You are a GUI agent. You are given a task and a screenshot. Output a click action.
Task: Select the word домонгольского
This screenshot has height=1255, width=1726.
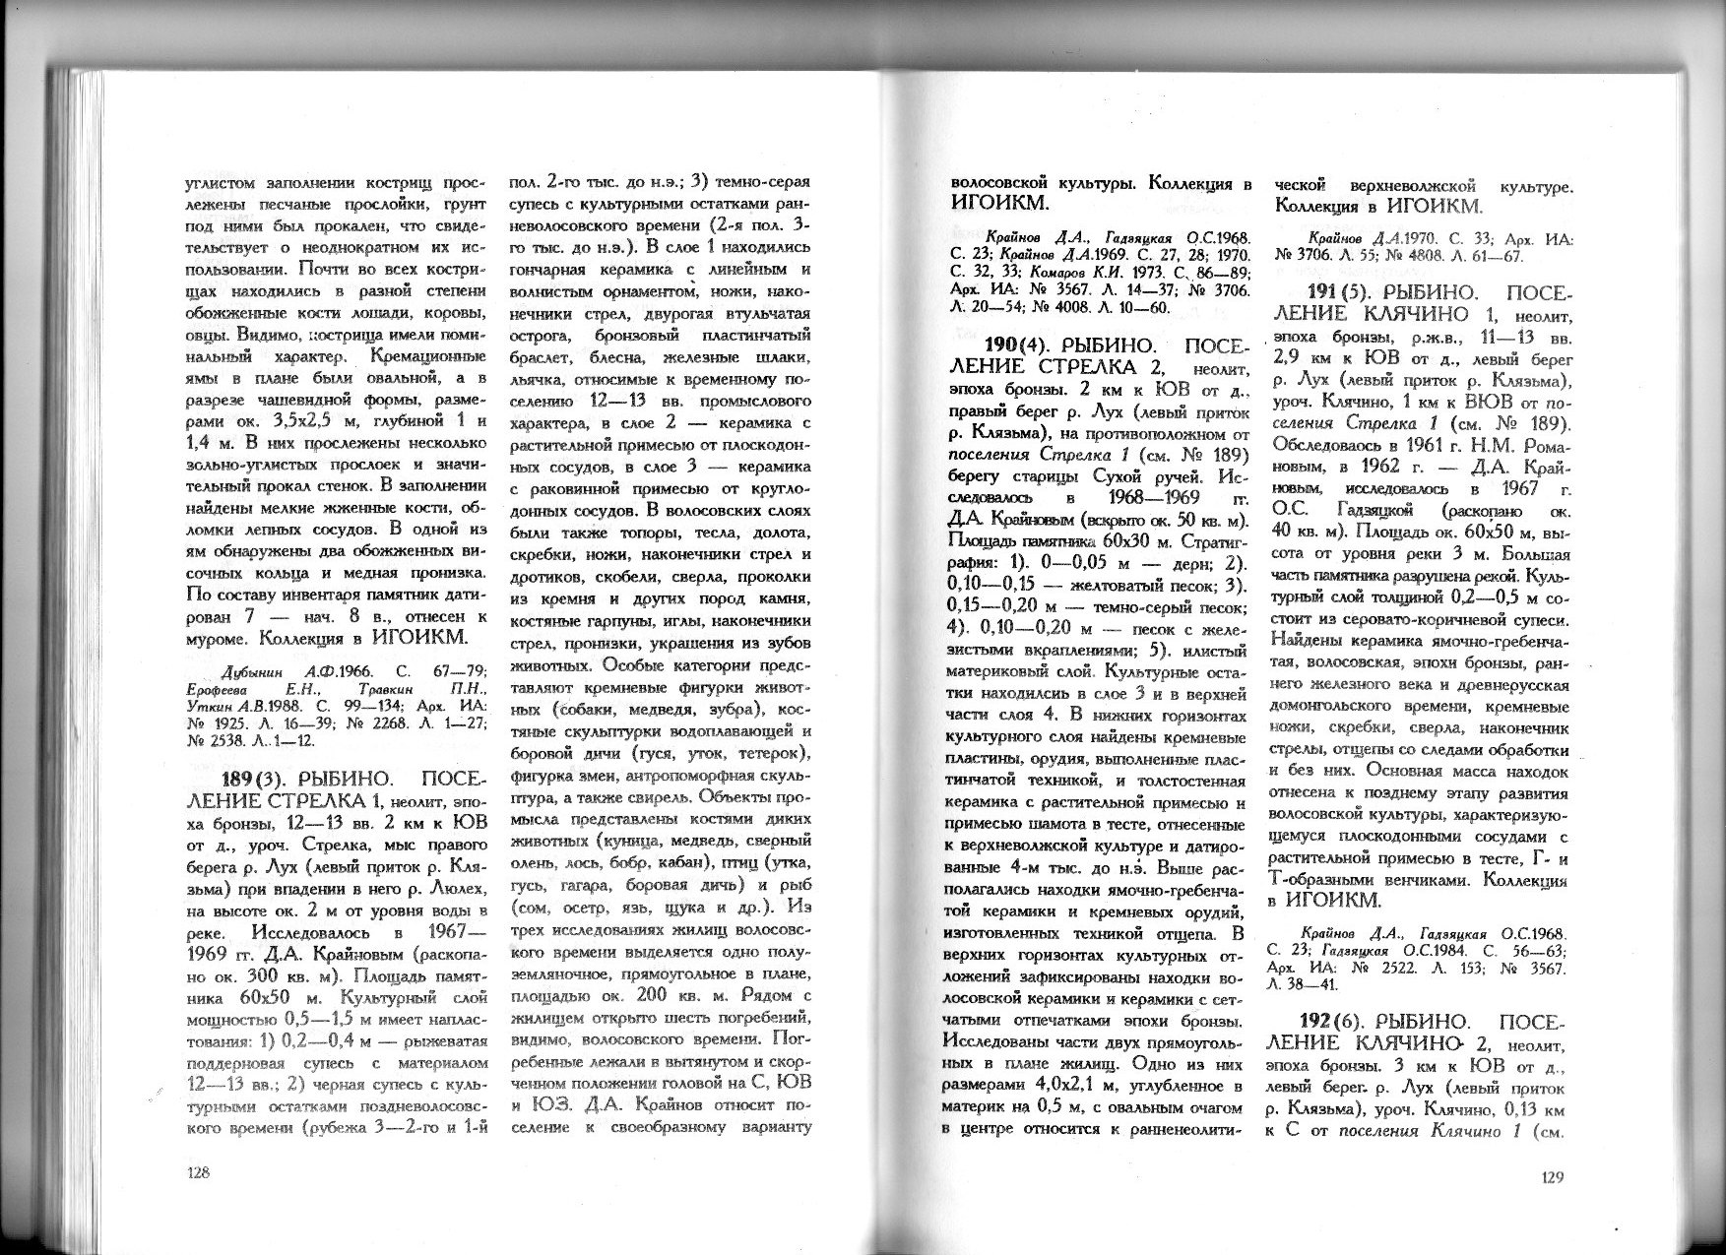point(1328,707)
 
